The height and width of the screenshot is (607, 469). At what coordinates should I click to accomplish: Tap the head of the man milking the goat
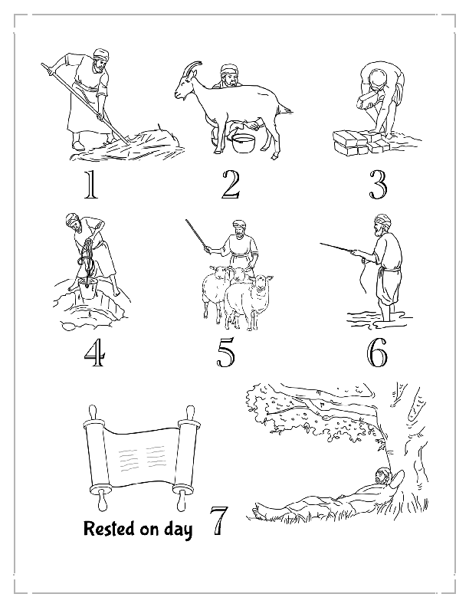[x=227, y=75]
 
